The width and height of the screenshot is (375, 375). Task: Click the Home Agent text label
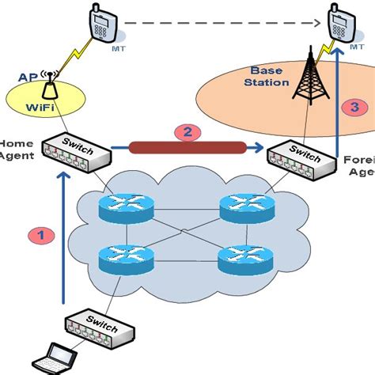pyautogui.click(x=14, y=150)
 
